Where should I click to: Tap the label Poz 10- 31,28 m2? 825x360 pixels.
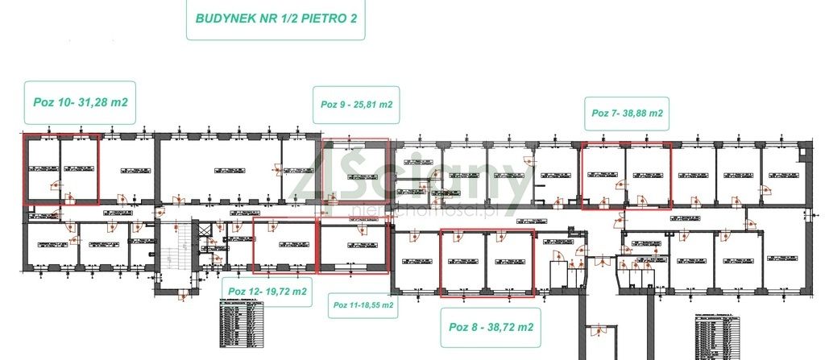pyautogui.click(x=81, y=102)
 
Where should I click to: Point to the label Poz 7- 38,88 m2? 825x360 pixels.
pyautogui.click(x=627, y=114)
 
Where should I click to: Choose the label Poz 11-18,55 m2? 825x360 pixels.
pyautogui.click(x=363, y=305)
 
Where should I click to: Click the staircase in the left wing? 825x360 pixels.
pyautogui.click(x=176, y=250)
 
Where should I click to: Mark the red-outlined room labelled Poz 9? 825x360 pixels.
pyautogui.click(x=354, y=175)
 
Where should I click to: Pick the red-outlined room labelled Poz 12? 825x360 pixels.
pyautogui.click(x=284, y=245)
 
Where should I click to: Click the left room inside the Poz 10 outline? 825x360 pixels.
pyautogui.click(x=41, y=169)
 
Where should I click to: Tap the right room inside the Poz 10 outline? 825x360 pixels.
pyautogui.click(x=79, y=169)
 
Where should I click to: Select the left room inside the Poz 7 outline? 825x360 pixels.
pyautogui.click(x=603, y=175)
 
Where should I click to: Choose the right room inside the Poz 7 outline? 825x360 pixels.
pyautogui.click(x=648, y=175)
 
